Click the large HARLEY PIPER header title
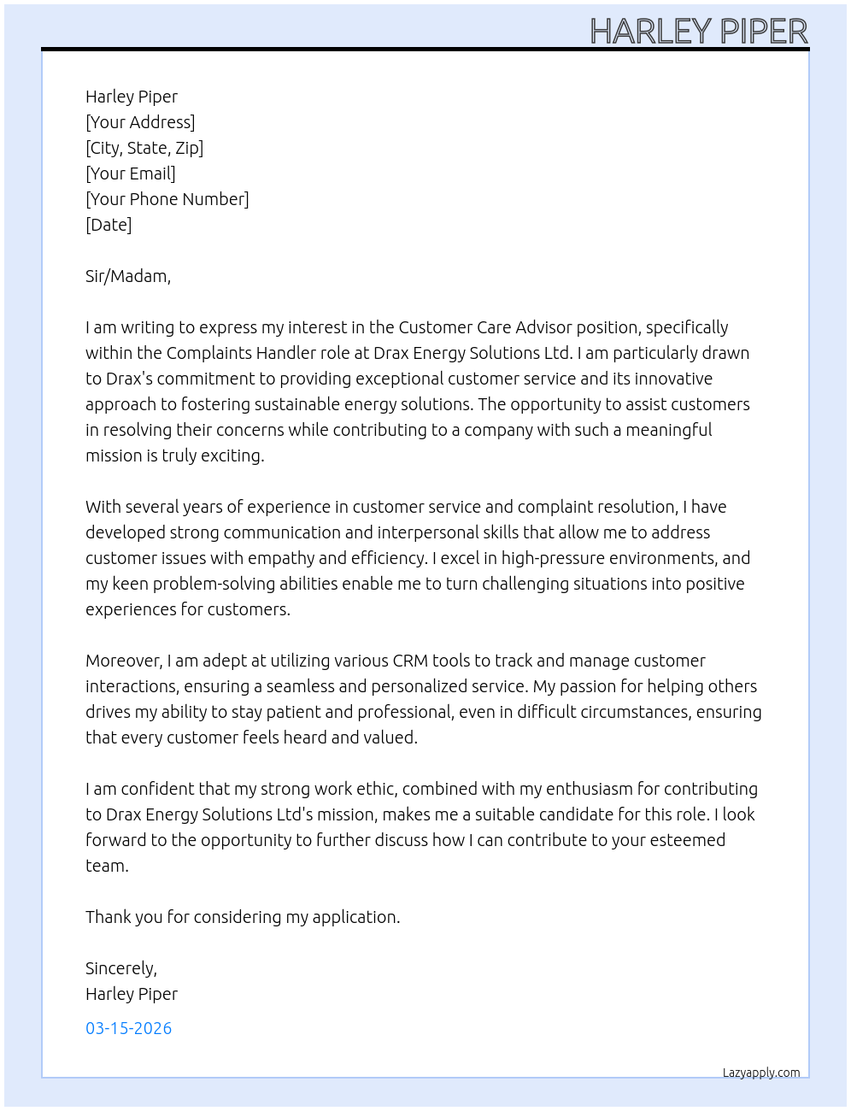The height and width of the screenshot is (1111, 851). [699, 32]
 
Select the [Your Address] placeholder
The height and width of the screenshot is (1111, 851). [140, 122]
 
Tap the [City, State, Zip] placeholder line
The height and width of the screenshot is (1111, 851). [144, 148]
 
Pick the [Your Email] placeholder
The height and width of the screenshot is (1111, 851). [131, 173]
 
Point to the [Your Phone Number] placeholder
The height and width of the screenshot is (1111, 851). [167, 199]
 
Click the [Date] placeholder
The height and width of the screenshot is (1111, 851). [109, 225]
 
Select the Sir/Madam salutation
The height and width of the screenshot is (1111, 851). [128, 276]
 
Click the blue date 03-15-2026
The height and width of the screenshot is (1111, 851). [129, 1028]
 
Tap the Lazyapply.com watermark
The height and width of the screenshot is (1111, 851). [761, 1073]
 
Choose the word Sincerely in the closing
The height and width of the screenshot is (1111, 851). [120, 968]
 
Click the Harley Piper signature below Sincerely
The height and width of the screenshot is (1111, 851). [132, 994]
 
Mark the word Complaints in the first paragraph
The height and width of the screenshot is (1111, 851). [206, 353]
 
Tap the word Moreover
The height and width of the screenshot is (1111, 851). [124, 661]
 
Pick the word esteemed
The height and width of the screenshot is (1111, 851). [688, 840]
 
